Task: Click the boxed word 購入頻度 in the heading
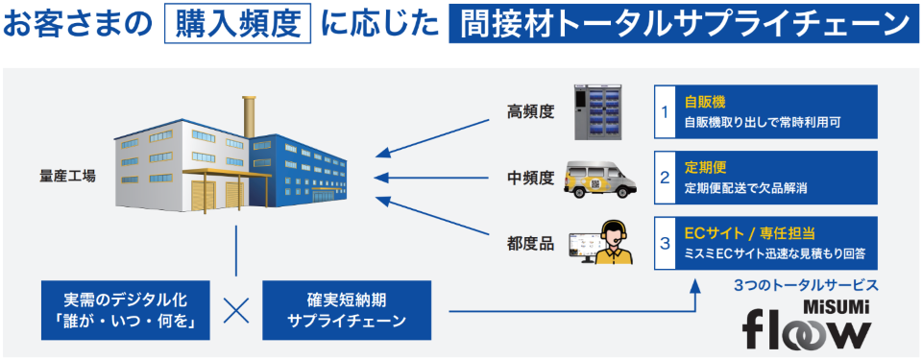tap(237, 24)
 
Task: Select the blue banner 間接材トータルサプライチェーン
tap(677, 24)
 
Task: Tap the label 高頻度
tap(531, 111)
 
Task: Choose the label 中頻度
tap(531, 178)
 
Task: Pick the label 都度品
tap(531, 244)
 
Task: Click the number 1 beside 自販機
tap(664, 111)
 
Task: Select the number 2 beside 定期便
tap(664, 178)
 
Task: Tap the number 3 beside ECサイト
tap(664, 244)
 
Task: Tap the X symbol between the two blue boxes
tap(236, 309)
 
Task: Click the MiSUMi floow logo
tap(807, 324)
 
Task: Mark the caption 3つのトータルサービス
tap(806, 285)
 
